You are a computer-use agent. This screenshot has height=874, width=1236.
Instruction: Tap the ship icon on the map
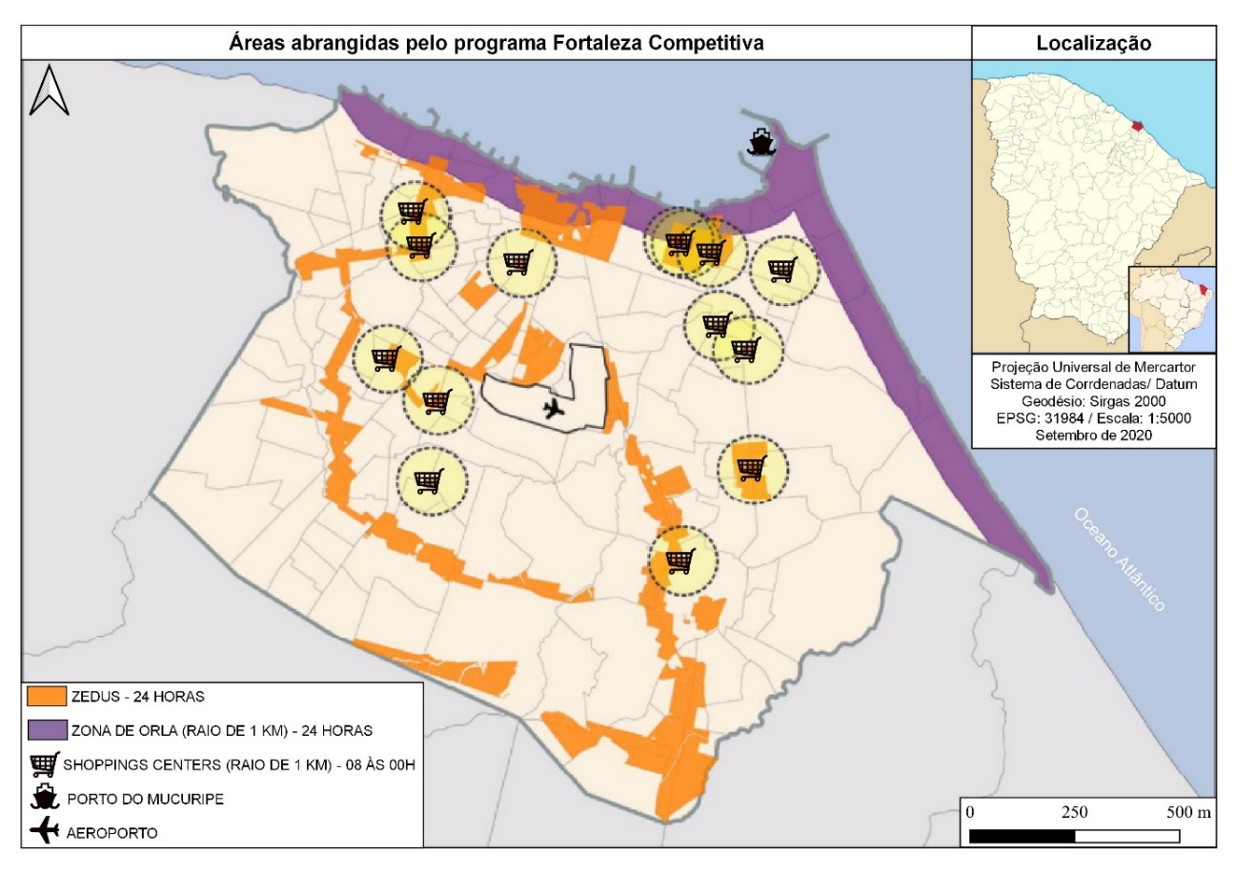[760, 141]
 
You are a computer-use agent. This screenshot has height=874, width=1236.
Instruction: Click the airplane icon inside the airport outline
[552, 409]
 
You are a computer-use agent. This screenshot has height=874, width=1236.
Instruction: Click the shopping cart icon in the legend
[45, 764]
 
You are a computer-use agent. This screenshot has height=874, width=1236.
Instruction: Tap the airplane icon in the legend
[45, 831]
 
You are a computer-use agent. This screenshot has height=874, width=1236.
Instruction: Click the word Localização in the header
[1093, 43]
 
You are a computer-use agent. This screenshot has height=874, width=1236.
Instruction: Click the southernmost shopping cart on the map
[679, 561]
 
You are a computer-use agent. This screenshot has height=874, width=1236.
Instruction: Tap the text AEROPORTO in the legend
[112, 832]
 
